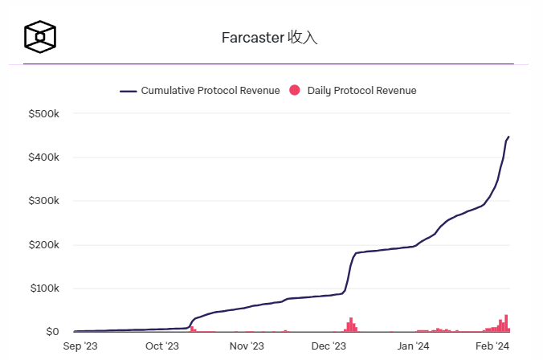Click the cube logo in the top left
click(40, 36)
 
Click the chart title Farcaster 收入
click(269, 38)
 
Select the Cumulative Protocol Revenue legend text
click(210, 91)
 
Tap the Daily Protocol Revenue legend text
click(361, 91)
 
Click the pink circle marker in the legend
click(295, 91)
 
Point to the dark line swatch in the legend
click(129, 91)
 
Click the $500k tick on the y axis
click(43, 113)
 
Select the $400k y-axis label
click(43, 157)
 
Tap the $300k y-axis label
click(43, 201)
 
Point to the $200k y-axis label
click(43, 245)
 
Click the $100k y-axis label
click(43, 288)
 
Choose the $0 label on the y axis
click(51, 332)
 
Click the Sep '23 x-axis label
click(80, 346)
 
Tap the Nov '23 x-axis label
click(247, 346)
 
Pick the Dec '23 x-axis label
click(329, 346)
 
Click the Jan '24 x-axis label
click(414, 346)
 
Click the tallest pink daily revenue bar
click(506, 323)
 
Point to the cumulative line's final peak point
click(508, 137)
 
